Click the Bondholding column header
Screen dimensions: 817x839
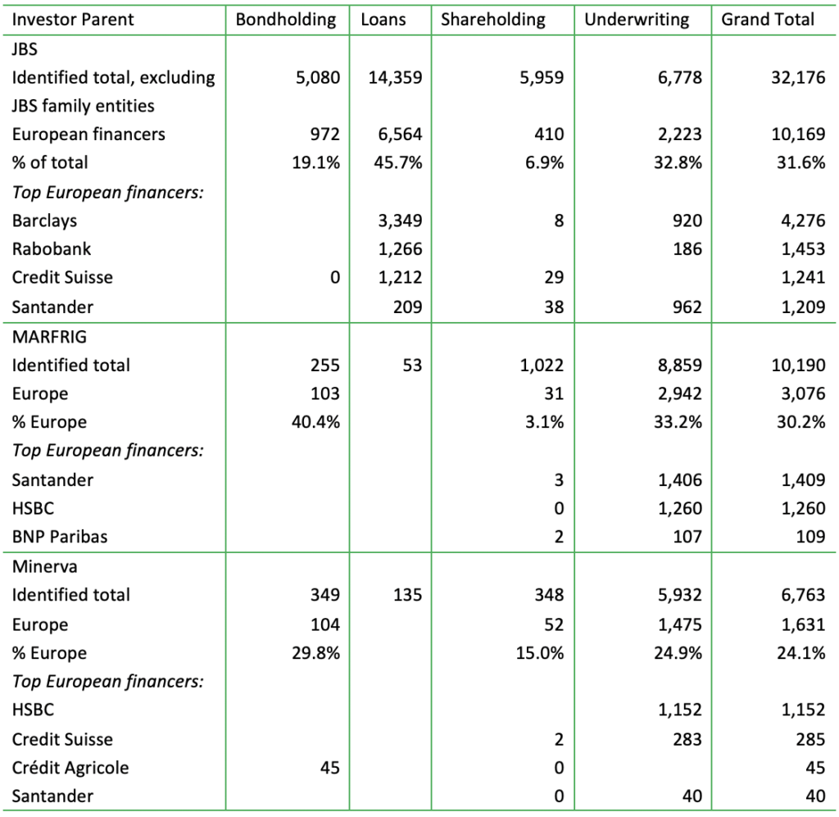tap(286, 20)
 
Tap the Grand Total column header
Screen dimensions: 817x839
tap(768, 20)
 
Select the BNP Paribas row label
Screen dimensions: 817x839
tap(60, 537)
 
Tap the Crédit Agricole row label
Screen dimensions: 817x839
tap(70, 768)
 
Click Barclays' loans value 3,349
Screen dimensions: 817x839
tap(402, 220)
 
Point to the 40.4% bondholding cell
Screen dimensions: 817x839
tap(315, 422)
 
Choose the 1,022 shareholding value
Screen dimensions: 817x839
tap(541, 365)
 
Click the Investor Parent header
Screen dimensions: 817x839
tap(73, 20)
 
